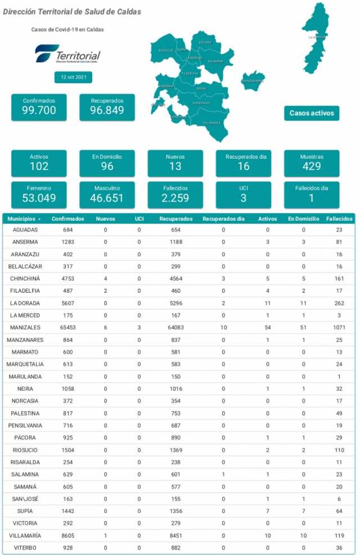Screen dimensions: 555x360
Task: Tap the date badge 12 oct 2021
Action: pos(73,77)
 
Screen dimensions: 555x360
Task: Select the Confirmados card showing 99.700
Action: pos(39,107)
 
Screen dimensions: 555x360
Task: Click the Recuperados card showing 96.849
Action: pos(107,107)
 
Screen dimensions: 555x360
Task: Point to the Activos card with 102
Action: pos(39,163)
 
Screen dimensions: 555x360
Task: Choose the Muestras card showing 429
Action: pos(311,163)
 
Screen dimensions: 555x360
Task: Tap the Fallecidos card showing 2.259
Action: pos(175,194)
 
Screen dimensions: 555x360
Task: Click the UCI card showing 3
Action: pos(243,194)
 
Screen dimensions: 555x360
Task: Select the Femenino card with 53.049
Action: pos(39,194)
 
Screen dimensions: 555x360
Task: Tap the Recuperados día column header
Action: pos(223,218)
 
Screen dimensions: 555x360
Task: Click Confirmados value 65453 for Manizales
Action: pos(68,328)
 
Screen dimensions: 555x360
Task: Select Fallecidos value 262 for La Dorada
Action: pos(338,303)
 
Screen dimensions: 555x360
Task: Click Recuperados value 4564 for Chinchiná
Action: pos(175,279)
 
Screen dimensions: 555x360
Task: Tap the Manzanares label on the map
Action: pos(253,80)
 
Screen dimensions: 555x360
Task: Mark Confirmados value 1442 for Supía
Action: pos(68,511)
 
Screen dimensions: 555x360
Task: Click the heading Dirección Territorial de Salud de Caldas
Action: pos(72,12)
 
